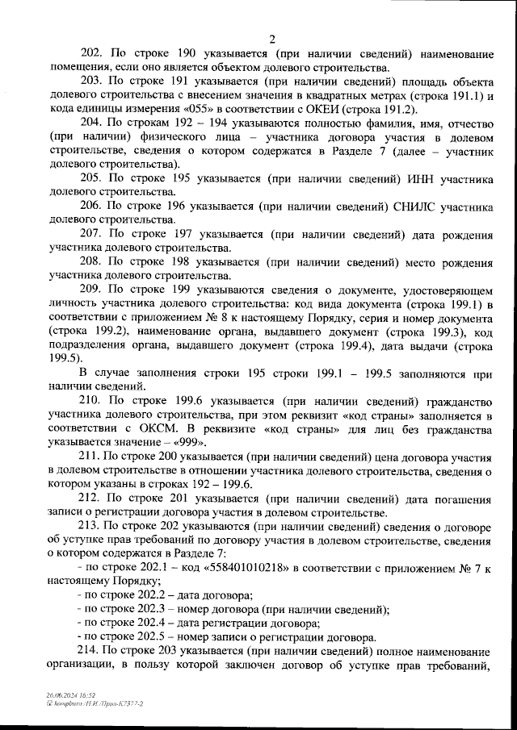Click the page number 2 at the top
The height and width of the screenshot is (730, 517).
271,38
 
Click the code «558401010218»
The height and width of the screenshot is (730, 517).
251,567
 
